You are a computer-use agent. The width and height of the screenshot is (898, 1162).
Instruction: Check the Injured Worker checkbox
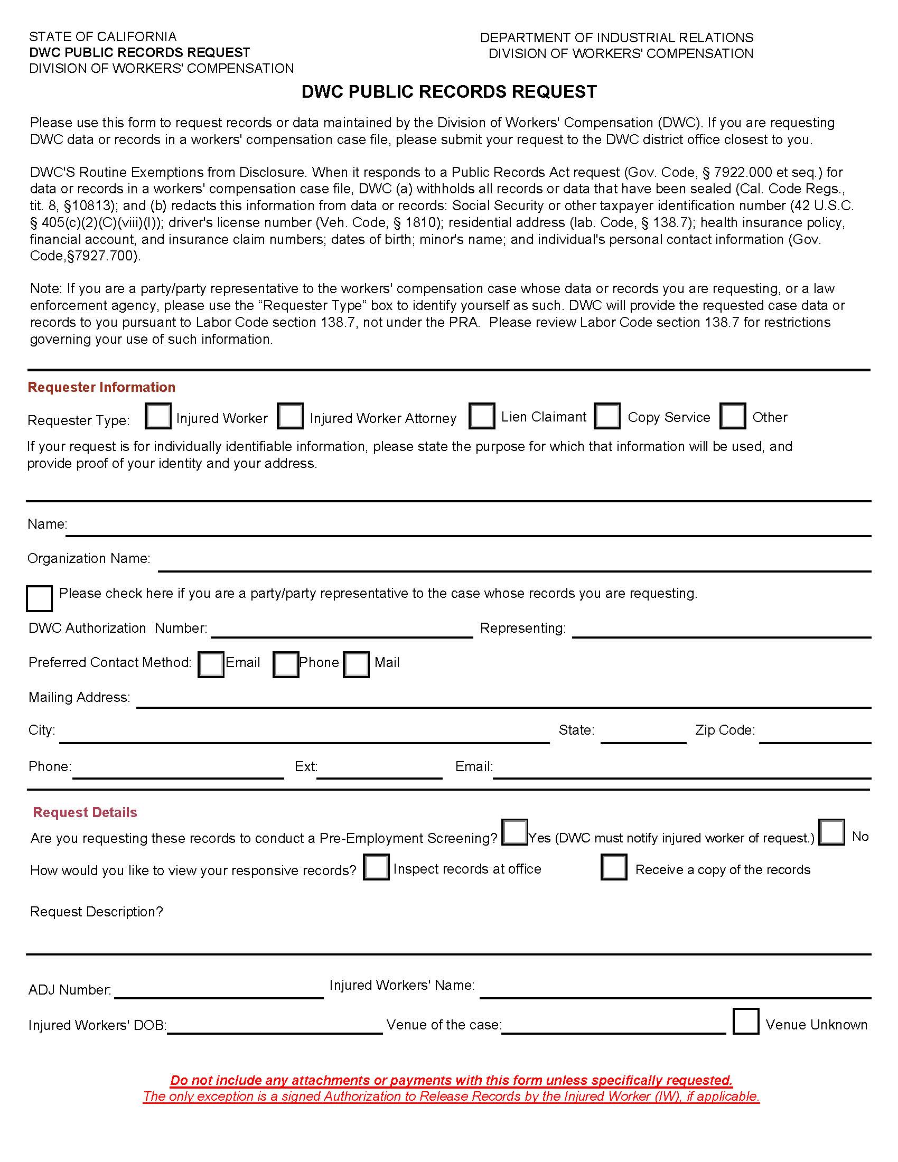(158, 416)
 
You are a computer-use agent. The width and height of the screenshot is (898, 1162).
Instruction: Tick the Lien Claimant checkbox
(482, 416)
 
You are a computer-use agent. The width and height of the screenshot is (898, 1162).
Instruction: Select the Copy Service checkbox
(607, 416)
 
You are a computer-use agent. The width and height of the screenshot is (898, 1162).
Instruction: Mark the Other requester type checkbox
(733, 416)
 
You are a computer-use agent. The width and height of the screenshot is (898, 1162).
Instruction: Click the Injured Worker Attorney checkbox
(291, 416)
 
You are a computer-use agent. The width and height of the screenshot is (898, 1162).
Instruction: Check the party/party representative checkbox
(40, 598)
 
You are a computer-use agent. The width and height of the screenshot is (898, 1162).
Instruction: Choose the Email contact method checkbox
(211, 664)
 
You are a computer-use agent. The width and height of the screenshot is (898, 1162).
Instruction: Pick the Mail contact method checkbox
(356, 664)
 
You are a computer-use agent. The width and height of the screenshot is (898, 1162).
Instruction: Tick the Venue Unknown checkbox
(745, 1021)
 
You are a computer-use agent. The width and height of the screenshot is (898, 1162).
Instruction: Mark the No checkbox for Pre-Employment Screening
(831, 832)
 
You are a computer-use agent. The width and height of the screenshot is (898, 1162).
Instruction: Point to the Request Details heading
(85, 812)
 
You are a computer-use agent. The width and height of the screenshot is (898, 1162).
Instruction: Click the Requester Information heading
(101, 387)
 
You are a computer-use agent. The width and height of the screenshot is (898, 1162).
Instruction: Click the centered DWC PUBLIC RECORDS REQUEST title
(449, 92)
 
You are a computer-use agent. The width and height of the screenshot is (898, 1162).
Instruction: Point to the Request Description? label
(96, 912)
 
